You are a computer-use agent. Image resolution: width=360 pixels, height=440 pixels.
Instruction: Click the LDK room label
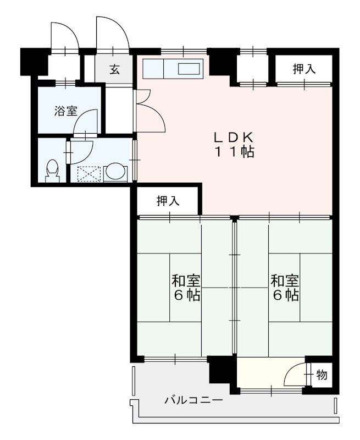(x=234, y=145)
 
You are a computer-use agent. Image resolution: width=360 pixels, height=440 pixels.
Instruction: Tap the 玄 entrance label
(x=115, y=69)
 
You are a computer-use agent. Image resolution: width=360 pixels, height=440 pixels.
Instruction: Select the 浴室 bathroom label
(x=65, y=112)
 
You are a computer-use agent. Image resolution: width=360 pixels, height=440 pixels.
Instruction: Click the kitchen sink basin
(x=189, y=69)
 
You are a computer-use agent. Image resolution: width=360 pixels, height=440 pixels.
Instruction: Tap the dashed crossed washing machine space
(x=89, y=174)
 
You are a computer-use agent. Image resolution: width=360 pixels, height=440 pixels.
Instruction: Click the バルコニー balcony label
(x=193, y=400)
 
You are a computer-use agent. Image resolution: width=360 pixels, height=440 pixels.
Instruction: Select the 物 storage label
(x=322, y=375)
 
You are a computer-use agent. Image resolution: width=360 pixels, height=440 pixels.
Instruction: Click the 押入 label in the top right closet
(x=304, y=69)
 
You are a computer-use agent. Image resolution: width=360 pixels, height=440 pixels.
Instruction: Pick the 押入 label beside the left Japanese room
(x=168, y=201)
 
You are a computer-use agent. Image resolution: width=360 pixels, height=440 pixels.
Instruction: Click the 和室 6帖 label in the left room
(x=186, y=288)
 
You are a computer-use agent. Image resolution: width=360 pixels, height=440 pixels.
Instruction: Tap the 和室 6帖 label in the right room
(x=285, y=288)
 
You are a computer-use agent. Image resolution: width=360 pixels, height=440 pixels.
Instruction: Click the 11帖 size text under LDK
(x=234, y=152)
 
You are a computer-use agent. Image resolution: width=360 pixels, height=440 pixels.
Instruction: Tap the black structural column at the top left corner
(x=34, y=62)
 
